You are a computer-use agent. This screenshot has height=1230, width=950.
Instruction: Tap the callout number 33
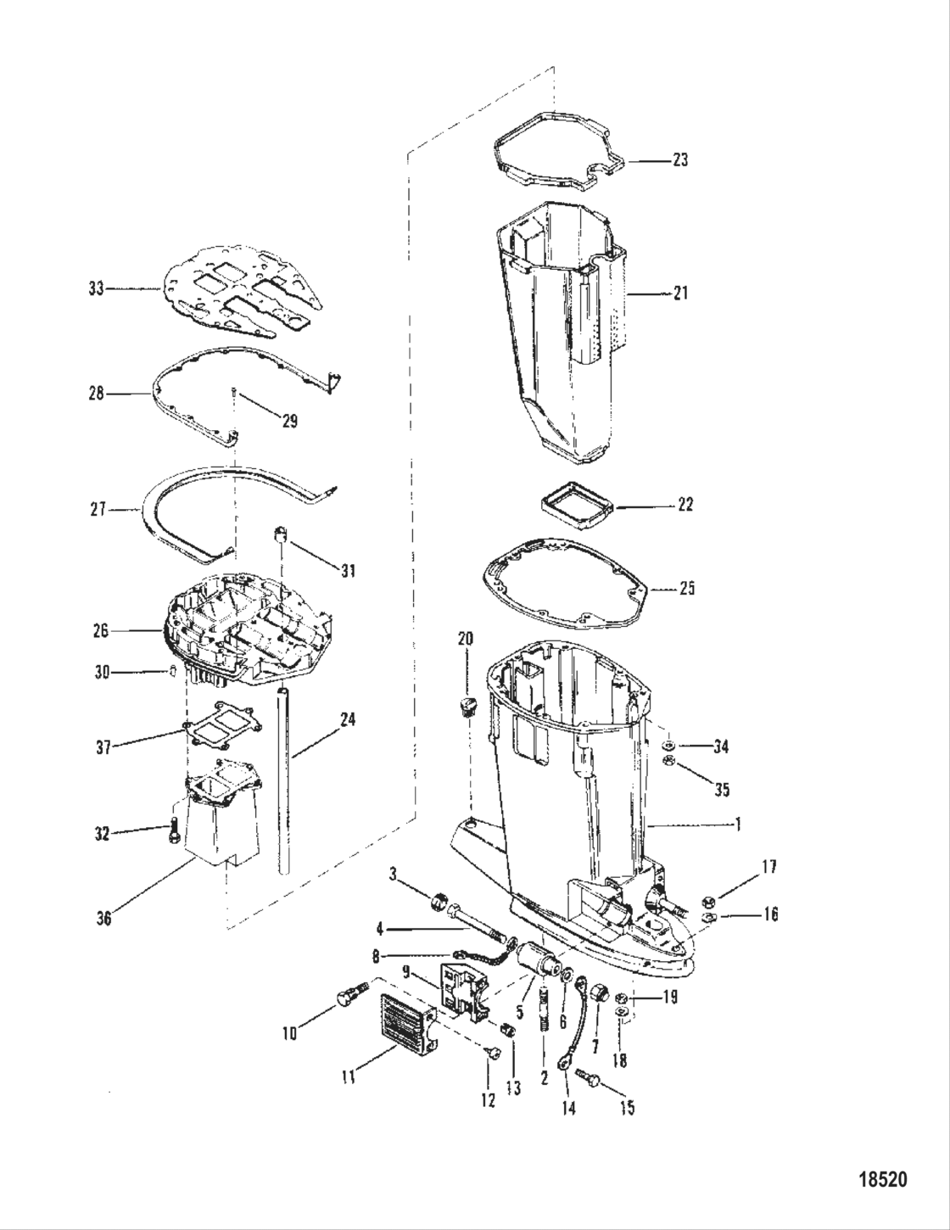click(97, 288)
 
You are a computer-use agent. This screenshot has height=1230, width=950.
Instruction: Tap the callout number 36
click(103, 917)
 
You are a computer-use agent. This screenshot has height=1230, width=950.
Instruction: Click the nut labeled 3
click(440, 900)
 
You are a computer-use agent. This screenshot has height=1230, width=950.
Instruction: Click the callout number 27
click(98, 509)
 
